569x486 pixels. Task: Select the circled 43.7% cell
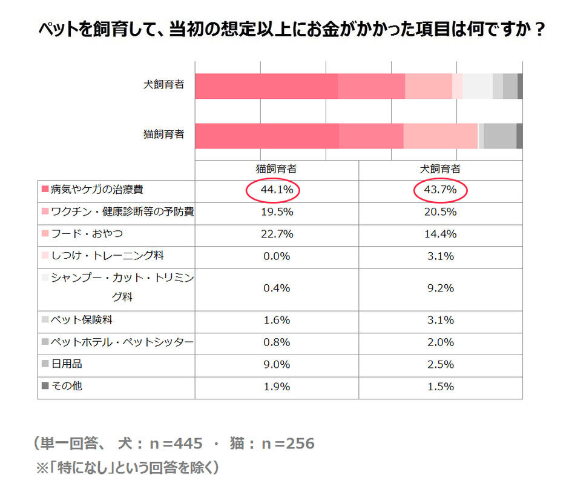click(440, 190)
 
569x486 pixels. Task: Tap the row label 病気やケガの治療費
click(97, 190)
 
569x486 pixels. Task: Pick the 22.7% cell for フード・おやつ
click(277, 234)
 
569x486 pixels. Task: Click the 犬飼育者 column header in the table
click(440, 169)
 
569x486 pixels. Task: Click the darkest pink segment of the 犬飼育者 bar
click(266, 86)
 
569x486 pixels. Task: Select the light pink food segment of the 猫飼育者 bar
click(440, 135)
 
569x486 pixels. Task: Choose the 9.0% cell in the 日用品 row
click(277, 364)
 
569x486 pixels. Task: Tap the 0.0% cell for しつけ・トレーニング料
click(277, 256)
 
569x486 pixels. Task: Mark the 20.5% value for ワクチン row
click(440, 212)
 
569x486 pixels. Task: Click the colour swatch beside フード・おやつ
click(45, 234)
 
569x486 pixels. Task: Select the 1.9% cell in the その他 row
click(277, 387)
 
